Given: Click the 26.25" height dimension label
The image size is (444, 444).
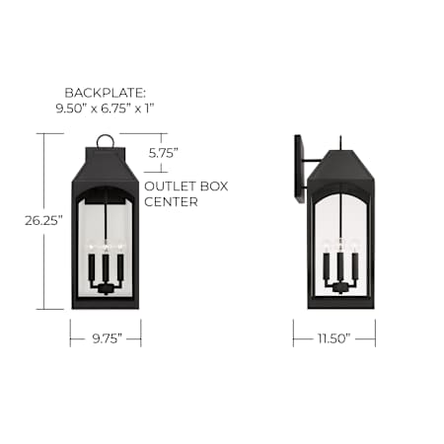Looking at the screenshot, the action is (x=43, y=221).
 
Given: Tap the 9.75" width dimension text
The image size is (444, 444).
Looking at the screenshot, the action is (x=108, y=338).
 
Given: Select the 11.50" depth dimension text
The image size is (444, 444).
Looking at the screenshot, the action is (x=333, y=338).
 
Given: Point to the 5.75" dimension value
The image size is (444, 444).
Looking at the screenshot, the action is (x=164, y=153).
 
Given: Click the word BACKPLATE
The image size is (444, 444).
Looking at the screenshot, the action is (x=105, y=93).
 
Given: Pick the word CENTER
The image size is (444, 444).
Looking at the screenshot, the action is (x=171, y=201).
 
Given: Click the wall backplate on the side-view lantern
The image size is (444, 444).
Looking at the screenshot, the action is (x=300, y=169).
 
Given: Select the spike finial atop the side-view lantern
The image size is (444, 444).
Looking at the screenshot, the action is (x=341, y=142).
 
